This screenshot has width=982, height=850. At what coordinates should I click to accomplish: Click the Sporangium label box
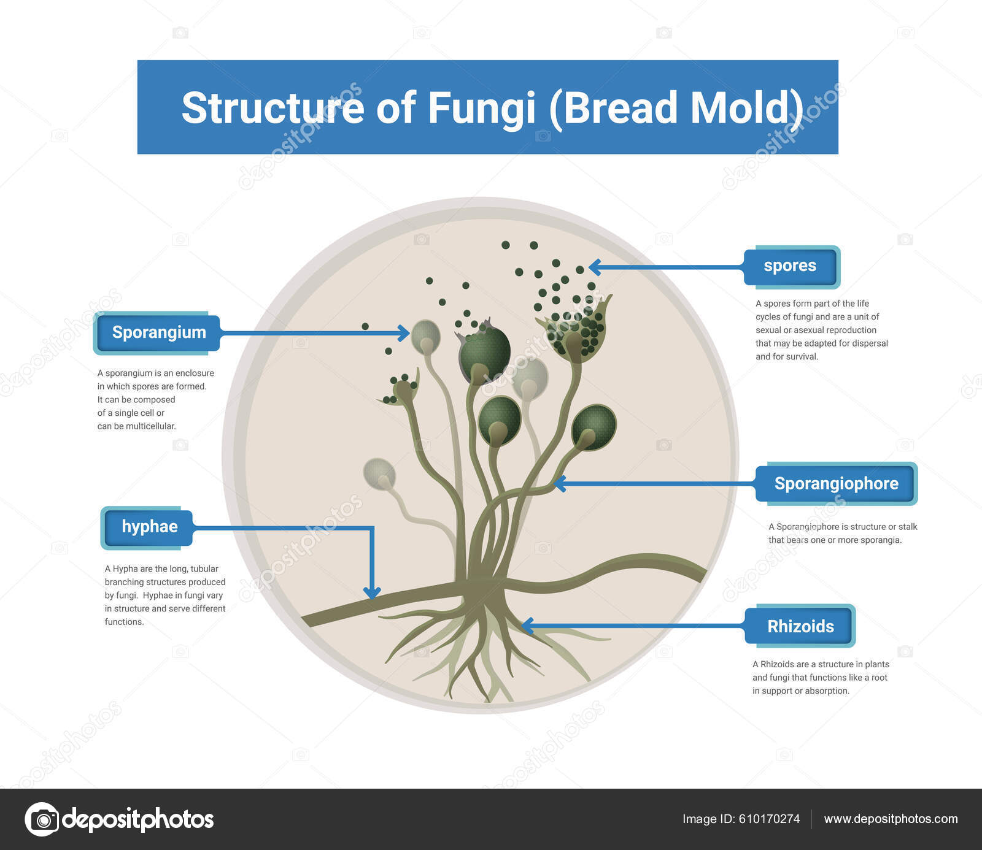click(158, 333)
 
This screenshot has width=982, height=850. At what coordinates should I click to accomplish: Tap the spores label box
click(790, 266)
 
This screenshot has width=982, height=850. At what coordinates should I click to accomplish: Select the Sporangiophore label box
click(836, 483)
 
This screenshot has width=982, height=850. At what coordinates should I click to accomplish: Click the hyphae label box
click(149, 527)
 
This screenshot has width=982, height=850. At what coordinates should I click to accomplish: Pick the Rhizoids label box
click(800, 626)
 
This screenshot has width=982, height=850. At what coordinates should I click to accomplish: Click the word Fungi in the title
click(481, 108)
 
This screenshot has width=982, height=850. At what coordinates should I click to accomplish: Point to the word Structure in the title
click(273, 108)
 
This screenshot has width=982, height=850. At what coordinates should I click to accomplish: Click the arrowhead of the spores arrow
click(593, 267)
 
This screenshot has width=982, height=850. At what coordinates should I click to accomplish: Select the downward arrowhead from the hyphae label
click(371, 593)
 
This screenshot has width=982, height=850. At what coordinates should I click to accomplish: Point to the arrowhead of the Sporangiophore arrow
click(559, 483)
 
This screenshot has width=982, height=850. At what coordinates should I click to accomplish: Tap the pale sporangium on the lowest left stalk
click(379, 473)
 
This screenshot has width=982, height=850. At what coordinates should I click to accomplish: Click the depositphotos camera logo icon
click(42, 819)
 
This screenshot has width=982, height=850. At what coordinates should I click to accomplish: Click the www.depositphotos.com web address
click(891, 819)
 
